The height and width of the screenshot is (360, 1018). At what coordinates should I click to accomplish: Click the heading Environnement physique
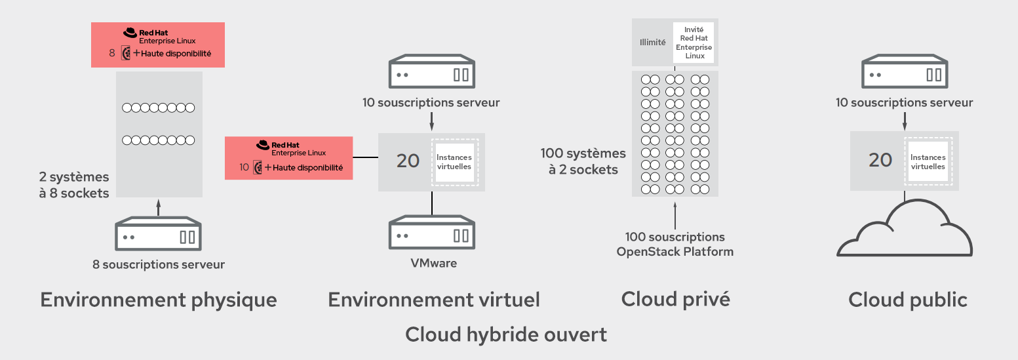pos(159,300)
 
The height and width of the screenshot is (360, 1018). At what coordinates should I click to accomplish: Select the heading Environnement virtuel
pos(434,300)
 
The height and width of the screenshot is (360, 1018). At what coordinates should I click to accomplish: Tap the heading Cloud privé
pos(675,299)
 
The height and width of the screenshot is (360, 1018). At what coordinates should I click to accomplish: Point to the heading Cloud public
pos(908,300)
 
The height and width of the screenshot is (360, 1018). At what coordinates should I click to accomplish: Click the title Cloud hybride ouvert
pos(506,334)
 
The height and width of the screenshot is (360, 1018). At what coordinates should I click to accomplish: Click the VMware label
pos(433,264)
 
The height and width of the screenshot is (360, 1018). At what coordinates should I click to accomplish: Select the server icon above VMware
pos(432,233)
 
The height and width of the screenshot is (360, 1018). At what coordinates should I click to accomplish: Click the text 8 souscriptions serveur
pos(159,265)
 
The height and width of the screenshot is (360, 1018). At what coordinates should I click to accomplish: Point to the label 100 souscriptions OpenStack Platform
pos(675,244)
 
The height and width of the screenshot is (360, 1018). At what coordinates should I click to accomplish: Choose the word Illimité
pos(652,43)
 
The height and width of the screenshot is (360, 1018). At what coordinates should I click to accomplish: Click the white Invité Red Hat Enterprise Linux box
pos(694,43)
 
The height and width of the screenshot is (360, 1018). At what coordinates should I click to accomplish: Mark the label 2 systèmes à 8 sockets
pos(73,185)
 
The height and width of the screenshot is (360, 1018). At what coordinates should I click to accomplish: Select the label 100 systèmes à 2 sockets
pos(583,161)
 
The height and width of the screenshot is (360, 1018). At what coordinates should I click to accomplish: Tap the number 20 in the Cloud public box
pos(880,160)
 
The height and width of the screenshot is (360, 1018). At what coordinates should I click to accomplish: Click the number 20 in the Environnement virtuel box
pos(408,161)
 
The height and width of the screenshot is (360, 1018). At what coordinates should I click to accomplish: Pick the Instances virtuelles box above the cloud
pos(928,162)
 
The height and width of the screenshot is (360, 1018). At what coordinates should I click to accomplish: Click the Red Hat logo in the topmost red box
pos(130,33)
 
